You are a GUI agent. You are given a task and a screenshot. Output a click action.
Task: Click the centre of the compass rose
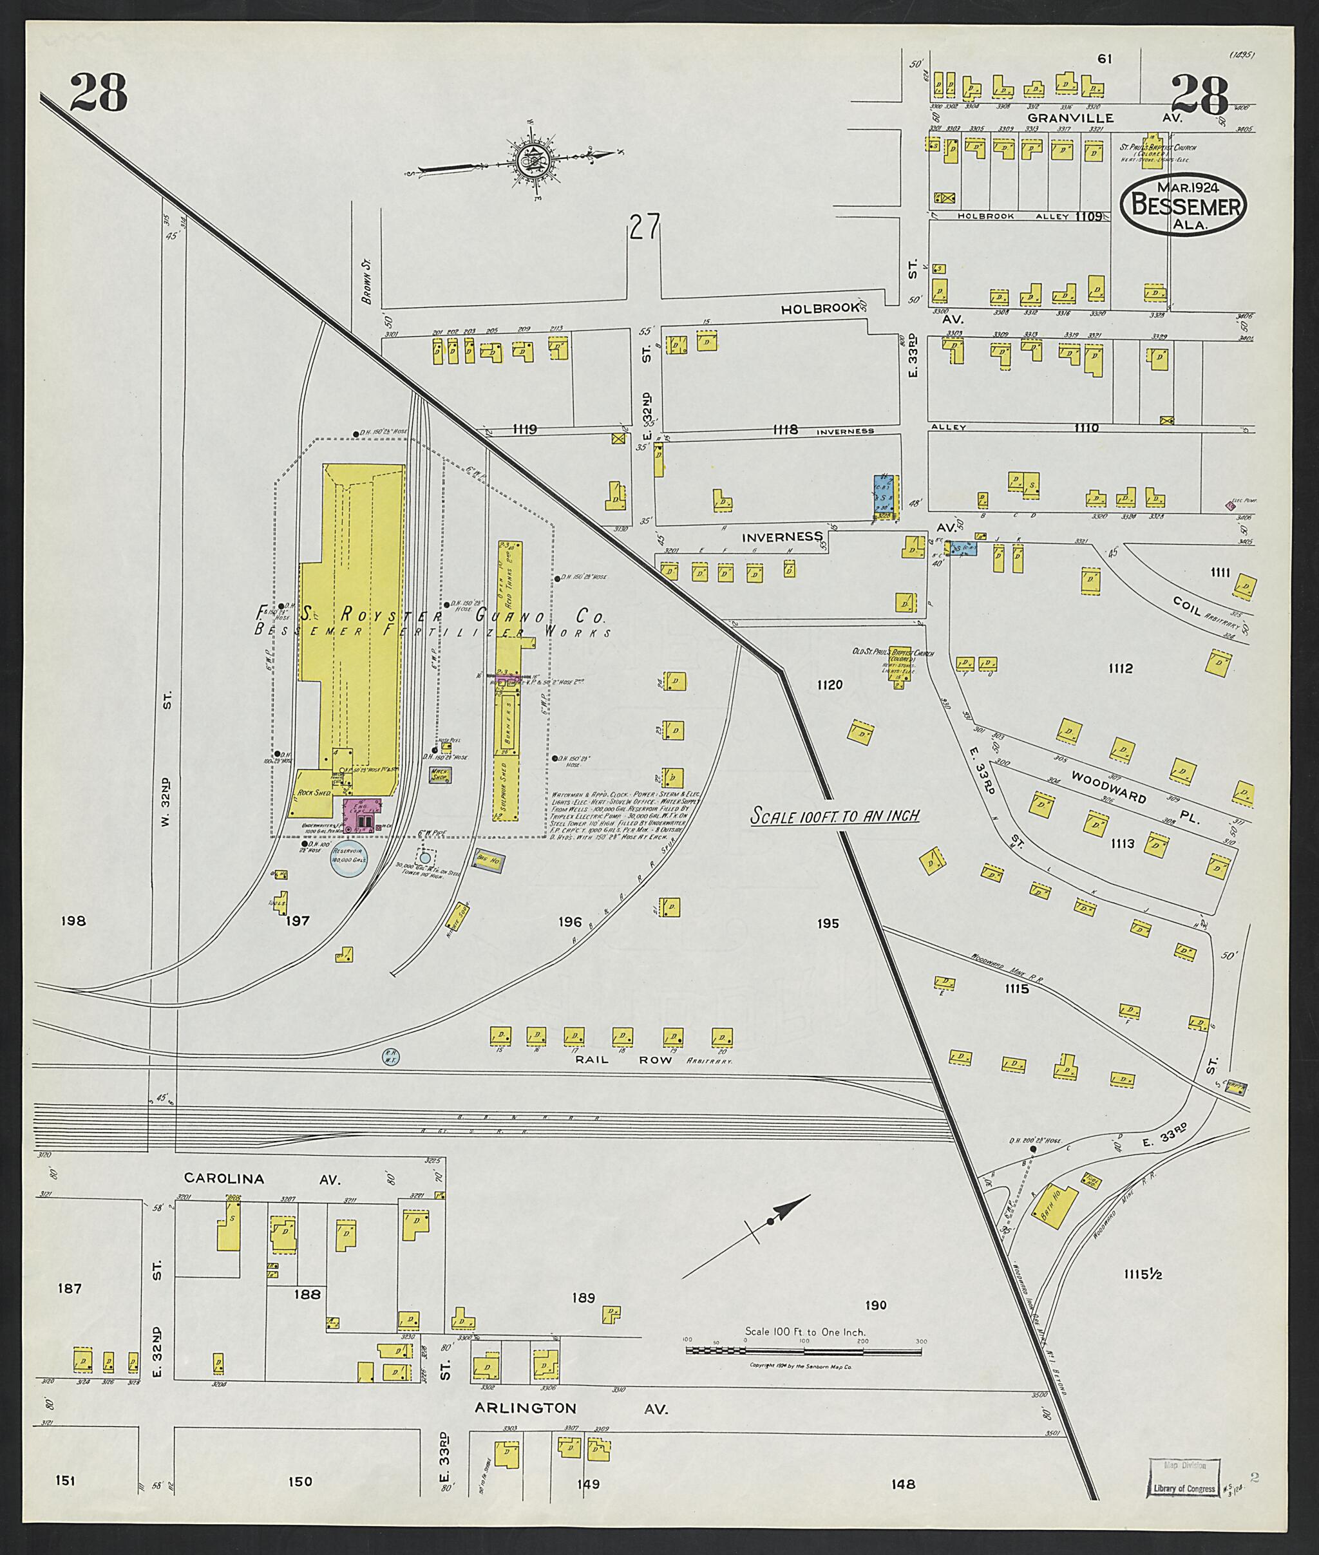click(533, 158)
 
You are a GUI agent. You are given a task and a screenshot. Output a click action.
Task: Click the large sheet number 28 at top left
click(99, 94)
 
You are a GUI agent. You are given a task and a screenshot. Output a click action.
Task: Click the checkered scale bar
click(803, 1351)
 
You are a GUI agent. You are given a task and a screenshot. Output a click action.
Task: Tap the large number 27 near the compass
click(644, 227)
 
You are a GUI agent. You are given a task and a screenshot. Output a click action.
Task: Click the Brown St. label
click(366, 287)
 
